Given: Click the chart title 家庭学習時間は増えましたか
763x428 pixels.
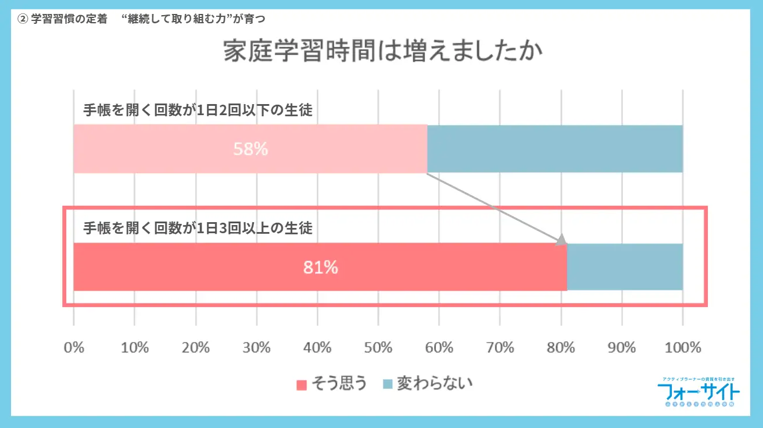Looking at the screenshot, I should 383,51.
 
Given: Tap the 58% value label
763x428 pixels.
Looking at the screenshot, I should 250,149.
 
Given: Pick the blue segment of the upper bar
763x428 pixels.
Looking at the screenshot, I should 555,149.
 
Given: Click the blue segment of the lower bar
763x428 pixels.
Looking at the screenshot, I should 625,267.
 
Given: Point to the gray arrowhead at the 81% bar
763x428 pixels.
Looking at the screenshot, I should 561,240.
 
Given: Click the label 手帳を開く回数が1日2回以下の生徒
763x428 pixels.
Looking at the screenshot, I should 198,110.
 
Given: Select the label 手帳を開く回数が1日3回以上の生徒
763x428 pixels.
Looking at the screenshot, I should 198,228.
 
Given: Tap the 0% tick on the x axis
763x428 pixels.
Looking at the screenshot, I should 74,348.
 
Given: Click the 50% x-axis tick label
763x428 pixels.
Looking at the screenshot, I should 378,348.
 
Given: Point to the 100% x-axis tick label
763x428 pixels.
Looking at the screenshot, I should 682,348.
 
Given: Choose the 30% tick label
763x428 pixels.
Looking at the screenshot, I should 256,348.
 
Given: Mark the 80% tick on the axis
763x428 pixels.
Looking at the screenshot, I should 561,348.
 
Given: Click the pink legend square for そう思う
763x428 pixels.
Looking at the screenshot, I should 301,385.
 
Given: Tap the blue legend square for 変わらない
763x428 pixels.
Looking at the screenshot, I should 388,385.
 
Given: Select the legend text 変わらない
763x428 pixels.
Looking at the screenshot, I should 434,384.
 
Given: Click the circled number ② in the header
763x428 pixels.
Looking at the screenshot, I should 23,18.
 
